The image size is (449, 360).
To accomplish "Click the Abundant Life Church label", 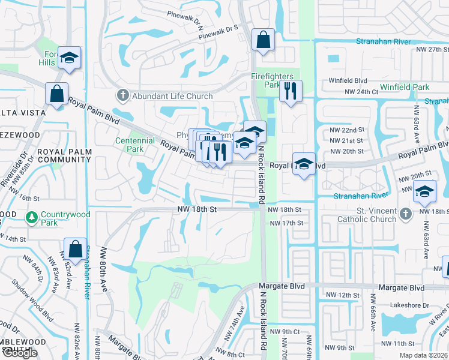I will pyautogui.click(x=173, y=96).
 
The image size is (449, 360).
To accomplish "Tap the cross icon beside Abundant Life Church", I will pyautogui.click(x=123, y=95).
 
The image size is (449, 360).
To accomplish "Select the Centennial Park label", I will pyautogui.click(x=130, y=145).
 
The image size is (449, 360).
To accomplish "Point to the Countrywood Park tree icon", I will pyautogui.click(x=31, y=216).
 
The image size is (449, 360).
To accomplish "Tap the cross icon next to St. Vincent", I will pyautogui.click(x=406, y=213).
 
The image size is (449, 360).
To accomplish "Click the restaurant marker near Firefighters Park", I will pyautogui.click(x=291, y=91).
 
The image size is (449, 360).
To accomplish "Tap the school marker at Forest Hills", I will pyautogui.click(x=70, y=58).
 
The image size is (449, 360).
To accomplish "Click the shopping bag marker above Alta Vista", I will pyautogui.click(x=56, y=94).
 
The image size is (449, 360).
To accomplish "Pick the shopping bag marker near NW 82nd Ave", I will pyautogui.click(x=75, y=249).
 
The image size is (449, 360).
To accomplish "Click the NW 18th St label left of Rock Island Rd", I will pyautogui.click(x=196, y=209).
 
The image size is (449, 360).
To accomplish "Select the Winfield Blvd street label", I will pyautogui.click(x=348, y=80).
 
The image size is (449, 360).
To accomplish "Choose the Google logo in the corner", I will pyautogui.click(x=20, y=352).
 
